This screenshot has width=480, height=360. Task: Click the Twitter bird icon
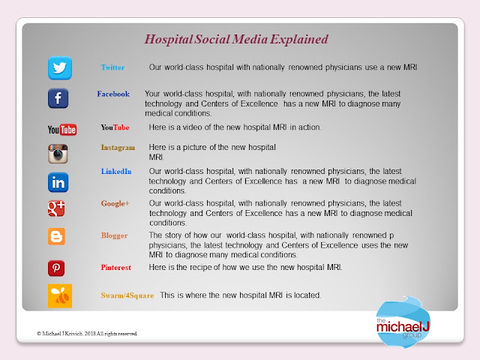pyautogui.click(x=60, y=68)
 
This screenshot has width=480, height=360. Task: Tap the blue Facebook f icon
pyautogui.click(x=58, y=98)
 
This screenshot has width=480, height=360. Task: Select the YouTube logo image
pyautogui.click(x=62, y=130)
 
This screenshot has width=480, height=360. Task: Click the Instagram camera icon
pyautogui.click(x=58, y=154)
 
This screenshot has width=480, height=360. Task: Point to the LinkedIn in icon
pyautogui.click(x=58, y=182)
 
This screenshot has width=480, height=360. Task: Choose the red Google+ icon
pyautogui.click(x=56, y=208)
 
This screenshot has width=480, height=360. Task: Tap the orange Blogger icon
pyautogui.click(x=57, y=236)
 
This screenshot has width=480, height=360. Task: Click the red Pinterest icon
pyautogui.click(x=56, y=268)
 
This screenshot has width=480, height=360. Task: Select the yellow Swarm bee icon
pyautogui.click(x=60, y=295)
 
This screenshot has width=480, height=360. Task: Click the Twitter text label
pyautogui.click(x=112, y=67)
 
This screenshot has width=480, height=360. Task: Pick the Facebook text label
pyautogui.click(x=113, y=94)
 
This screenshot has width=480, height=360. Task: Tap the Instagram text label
pyautogui.click(x=118, y=148)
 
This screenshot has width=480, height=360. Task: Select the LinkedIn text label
pyautogui.click(x=116, y=172)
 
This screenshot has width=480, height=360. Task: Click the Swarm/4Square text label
pyautogui.click(x=127, y=295)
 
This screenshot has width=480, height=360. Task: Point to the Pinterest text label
pyautogui.click(x=116, y=268)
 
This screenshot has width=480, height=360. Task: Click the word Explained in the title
pyautogui.click(x=299, y=40)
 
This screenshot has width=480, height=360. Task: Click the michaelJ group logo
pyautogui.click(x=403, y=322)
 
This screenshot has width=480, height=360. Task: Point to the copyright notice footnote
pyautogui.click(x=87, y=334)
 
